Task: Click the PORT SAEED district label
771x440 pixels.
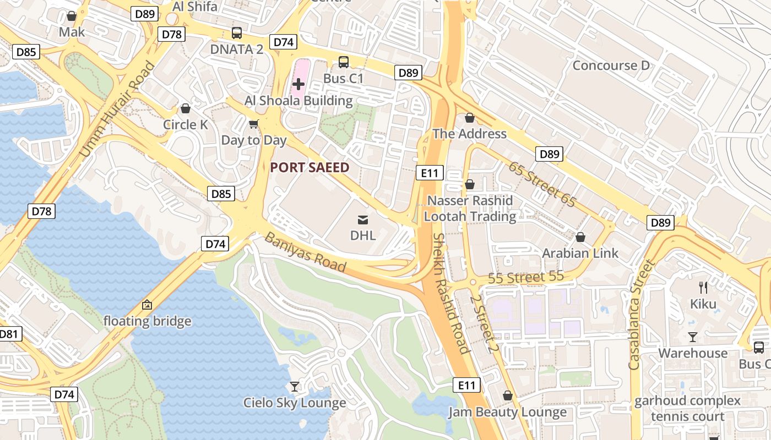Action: tap(310, 168)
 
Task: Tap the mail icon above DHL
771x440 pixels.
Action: tap(363, 220)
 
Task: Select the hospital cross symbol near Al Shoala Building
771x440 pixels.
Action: tap(298, 84)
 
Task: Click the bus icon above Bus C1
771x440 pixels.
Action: tap(344, 62)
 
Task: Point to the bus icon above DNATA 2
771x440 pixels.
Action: tap(237, 33)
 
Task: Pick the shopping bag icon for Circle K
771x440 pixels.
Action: tap(186, 108)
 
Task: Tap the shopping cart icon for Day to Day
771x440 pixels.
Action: tap(254, 124)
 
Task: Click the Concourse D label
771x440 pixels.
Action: tap(611, 65)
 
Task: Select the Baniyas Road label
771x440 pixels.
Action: tap(306, 252)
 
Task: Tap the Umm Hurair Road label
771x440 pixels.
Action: tap(117, 110)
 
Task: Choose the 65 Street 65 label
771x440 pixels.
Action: tap(542, 184)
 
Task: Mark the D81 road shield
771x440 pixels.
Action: tap(9, 334)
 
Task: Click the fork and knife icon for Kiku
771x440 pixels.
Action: tap(703, 287)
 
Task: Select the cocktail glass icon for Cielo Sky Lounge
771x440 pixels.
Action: tap(295, 387)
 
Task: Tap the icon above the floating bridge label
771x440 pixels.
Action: tap(147, 304)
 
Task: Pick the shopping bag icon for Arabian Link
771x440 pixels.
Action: tap(580, 237)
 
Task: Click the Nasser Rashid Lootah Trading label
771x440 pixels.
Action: tap(470, 208)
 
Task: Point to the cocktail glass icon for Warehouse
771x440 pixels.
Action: tap(693, 337)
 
